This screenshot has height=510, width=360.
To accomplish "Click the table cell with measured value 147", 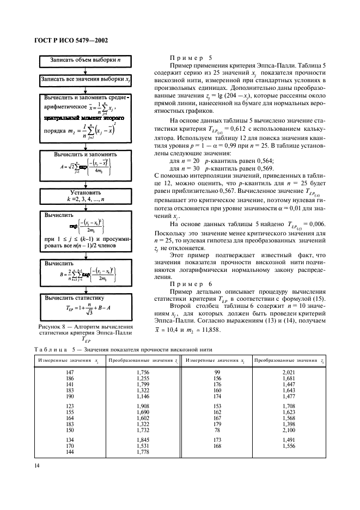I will pyautogui.click(x=69, y=372).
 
